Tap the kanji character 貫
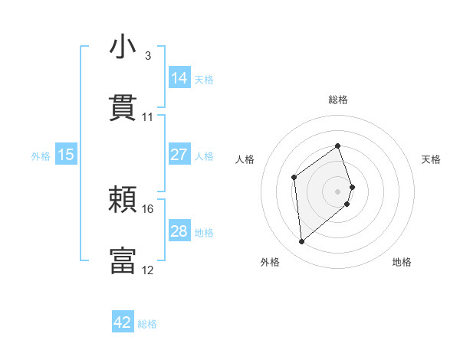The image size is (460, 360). tap(123, 108)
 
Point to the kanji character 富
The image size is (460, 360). tap(123, 260)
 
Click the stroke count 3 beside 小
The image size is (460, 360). tap(147, 56)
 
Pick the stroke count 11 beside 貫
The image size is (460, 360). tap(148, 117)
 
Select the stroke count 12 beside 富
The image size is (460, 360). tap(148, 270)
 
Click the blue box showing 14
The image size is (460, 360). tap(179, 78)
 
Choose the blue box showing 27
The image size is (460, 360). tap(179, 155)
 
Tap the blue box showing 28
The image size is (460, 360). tap(179, 231)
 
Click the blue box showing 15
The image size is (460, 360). tap(66, 155)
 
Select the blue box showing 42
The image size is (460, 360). tap(123, 322)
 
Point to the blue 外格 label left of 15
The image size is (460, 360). tap(41, 155)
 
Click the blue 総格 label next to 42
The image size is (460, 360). tap(147, 323)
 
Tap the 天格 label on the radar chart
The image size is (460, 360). tap(431, 159)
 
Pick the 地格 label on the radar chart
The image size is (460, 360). tap(402, 262)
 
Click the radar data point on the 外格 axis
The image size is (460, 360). tap(302, 242)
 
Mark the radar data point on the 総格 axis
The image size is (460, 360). tap(338, 146)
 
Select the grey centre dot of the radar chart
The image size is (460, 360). tap(338, 191)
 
